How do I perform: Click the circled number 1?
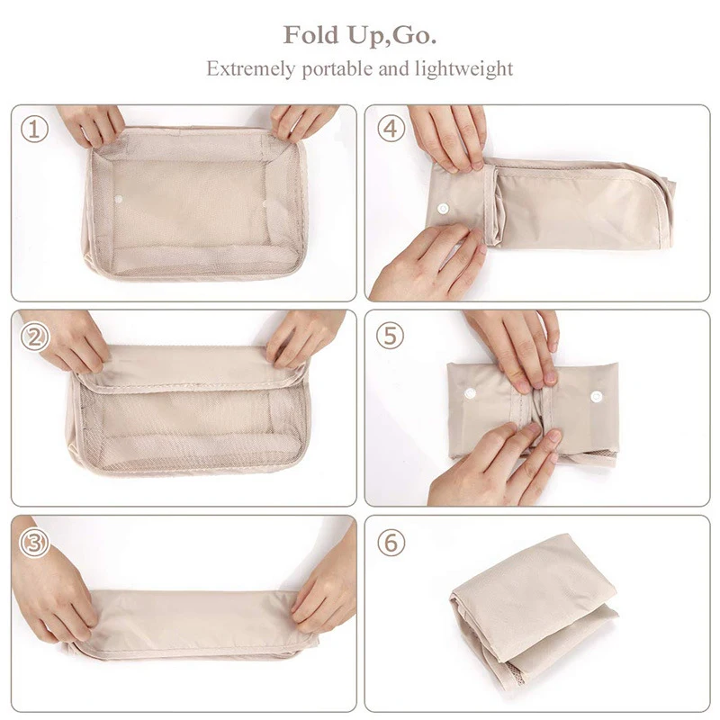tap(34, 129)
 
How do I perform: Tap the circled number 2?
tap(34, 337)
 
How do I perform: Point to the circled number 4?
tap(390, 129)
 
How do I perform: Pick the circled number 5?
tap(390, 337)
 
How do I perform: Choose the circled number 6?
tap(390, 543)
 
